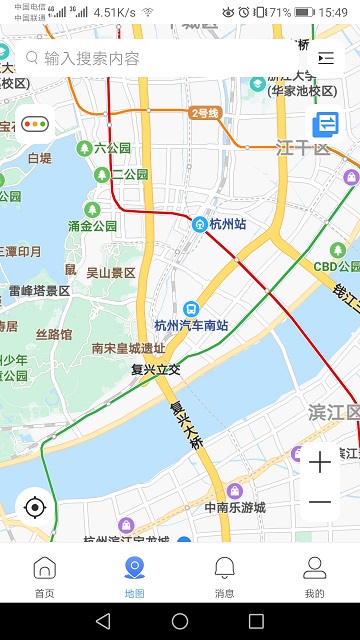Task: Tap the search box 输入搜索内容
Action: (160, 58)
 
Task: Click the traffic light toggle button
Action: (37, 125)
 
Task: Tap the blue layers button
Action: (326, 125)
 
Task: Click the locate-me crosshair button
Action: (35, 507)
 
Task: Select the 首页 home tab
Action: (45, 577)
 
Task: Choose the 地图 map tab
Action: (135, 577)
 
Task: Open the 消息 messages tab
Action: (225, 577)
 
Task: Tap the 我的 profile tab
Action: (315, 577)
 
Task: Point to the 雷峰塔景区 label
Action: (40, 291)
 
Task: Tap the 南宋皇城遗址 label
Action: (128, 349)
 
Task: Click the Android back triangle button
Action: (103, 621)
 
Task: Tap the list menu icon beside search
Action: (326, 58)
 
